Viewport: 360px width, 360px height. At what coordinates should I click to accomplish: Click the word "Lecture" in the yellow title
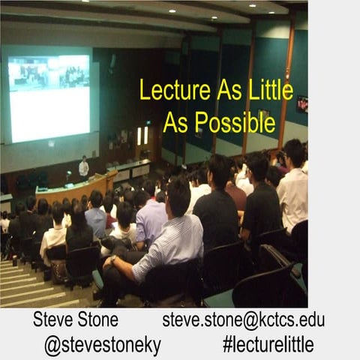pos(175,90)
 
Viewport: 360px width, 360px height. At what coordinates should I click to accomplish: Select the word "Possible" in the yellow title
pos(235,122)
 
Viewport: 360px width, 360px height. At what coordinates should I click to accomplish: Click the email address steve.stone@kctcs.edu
pos(244,320)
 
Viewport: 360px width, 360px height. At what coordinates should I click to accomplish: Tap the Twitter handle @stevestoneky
pos(103,345)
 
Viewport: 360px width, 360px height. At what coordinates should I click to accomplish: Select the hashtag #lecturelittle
pos(268,344)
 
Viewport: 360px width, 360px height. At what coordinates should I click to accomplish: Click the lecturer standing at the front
pos(84,168)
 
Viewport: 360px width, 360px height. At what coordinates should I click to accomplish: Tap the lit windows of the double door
pos(142,136)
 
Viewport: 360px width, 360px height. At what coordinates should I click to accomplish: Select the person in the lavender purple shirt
pos(150,219)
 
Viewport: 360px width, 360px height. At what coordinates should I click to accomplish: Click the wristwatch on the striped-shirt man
pos(113,259)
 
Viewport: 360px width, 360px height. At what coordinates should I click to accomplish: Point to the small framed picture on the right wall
pos(302,104)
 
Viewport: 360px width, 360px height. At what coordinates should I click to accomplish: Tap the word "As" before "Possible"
pos(175,122)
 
